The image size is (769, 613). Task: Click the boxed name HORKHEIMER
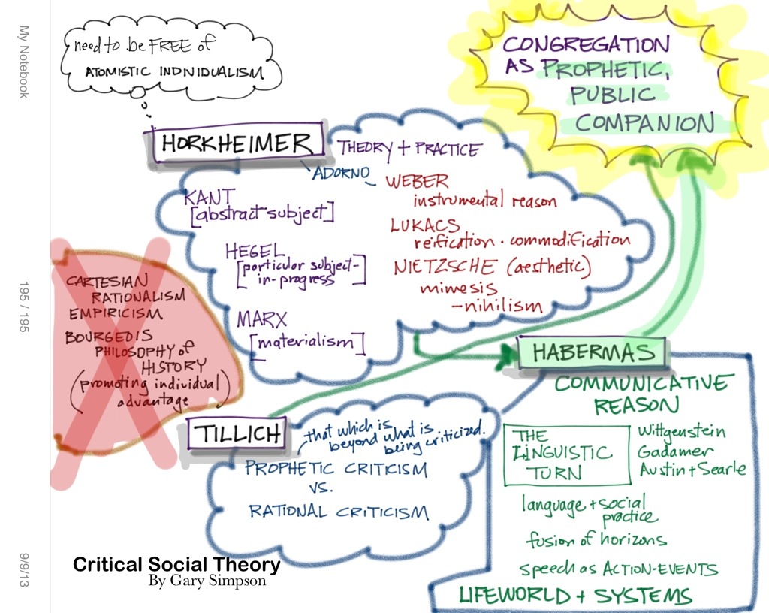235,144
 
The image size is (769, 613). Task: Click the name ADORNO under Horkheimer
342,174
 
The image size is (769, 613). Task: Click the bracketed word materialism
308,343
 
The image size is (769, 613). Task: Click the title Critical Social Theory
176,565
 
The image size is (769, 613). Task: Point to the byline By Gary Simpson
207,581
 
